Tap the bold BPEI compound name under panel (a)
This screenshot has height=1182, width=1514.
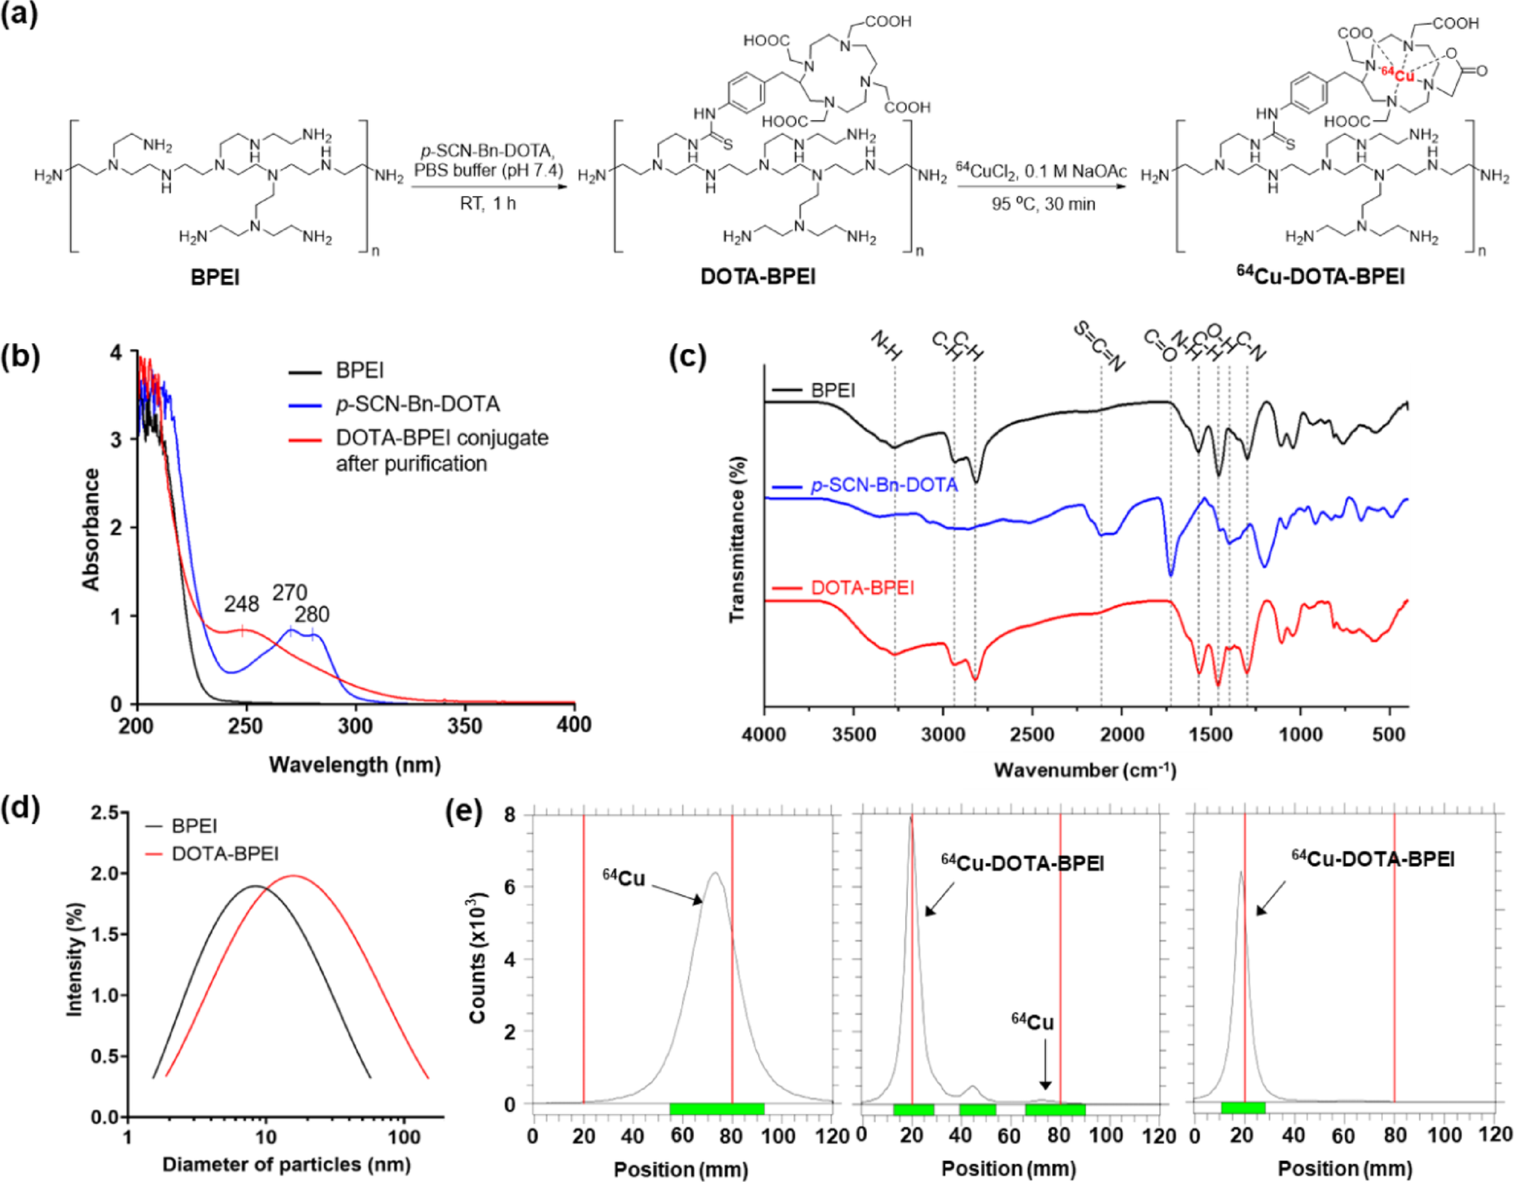pos(215,277)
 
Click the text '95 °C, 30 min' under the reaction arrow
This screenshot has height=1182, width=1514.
pos(1043,204)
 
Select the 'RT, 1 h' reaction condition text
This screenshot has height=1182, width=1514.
pos(488,204)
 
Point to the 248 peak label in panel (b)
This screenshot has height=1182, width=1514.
pos(241,603)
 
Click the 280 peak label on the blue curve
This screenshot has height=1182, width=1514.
pos(312,614)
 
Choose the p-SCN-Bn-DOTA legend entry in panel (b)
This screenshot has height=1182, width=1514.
pos(417,404)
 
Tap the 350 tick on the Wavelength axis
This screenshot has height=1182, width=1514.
pos(464,726)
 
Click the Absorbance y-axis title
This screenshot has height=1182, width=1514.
pos(91,529)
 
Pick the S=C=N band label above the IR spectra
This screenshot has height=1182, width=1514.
pos(1099,346)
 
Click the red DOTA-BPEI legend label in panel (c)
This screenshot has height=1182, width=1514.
pos(862,588)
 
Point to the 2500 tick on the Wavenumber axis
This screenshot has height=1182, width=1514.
pos(1032,735)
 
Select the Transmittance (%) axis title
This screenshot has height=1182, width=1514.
pos(737,539)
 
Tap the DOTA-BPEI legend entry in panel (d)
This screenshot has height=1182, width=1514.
pos(224,853)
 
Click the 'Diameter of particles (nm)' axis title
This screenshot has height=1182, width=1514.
pos(286,1164)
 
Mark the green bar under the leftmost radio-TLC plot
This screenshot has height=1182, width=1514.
pos(716,1109)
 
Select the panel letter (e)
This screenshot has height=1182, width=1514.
pos(463,810)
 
